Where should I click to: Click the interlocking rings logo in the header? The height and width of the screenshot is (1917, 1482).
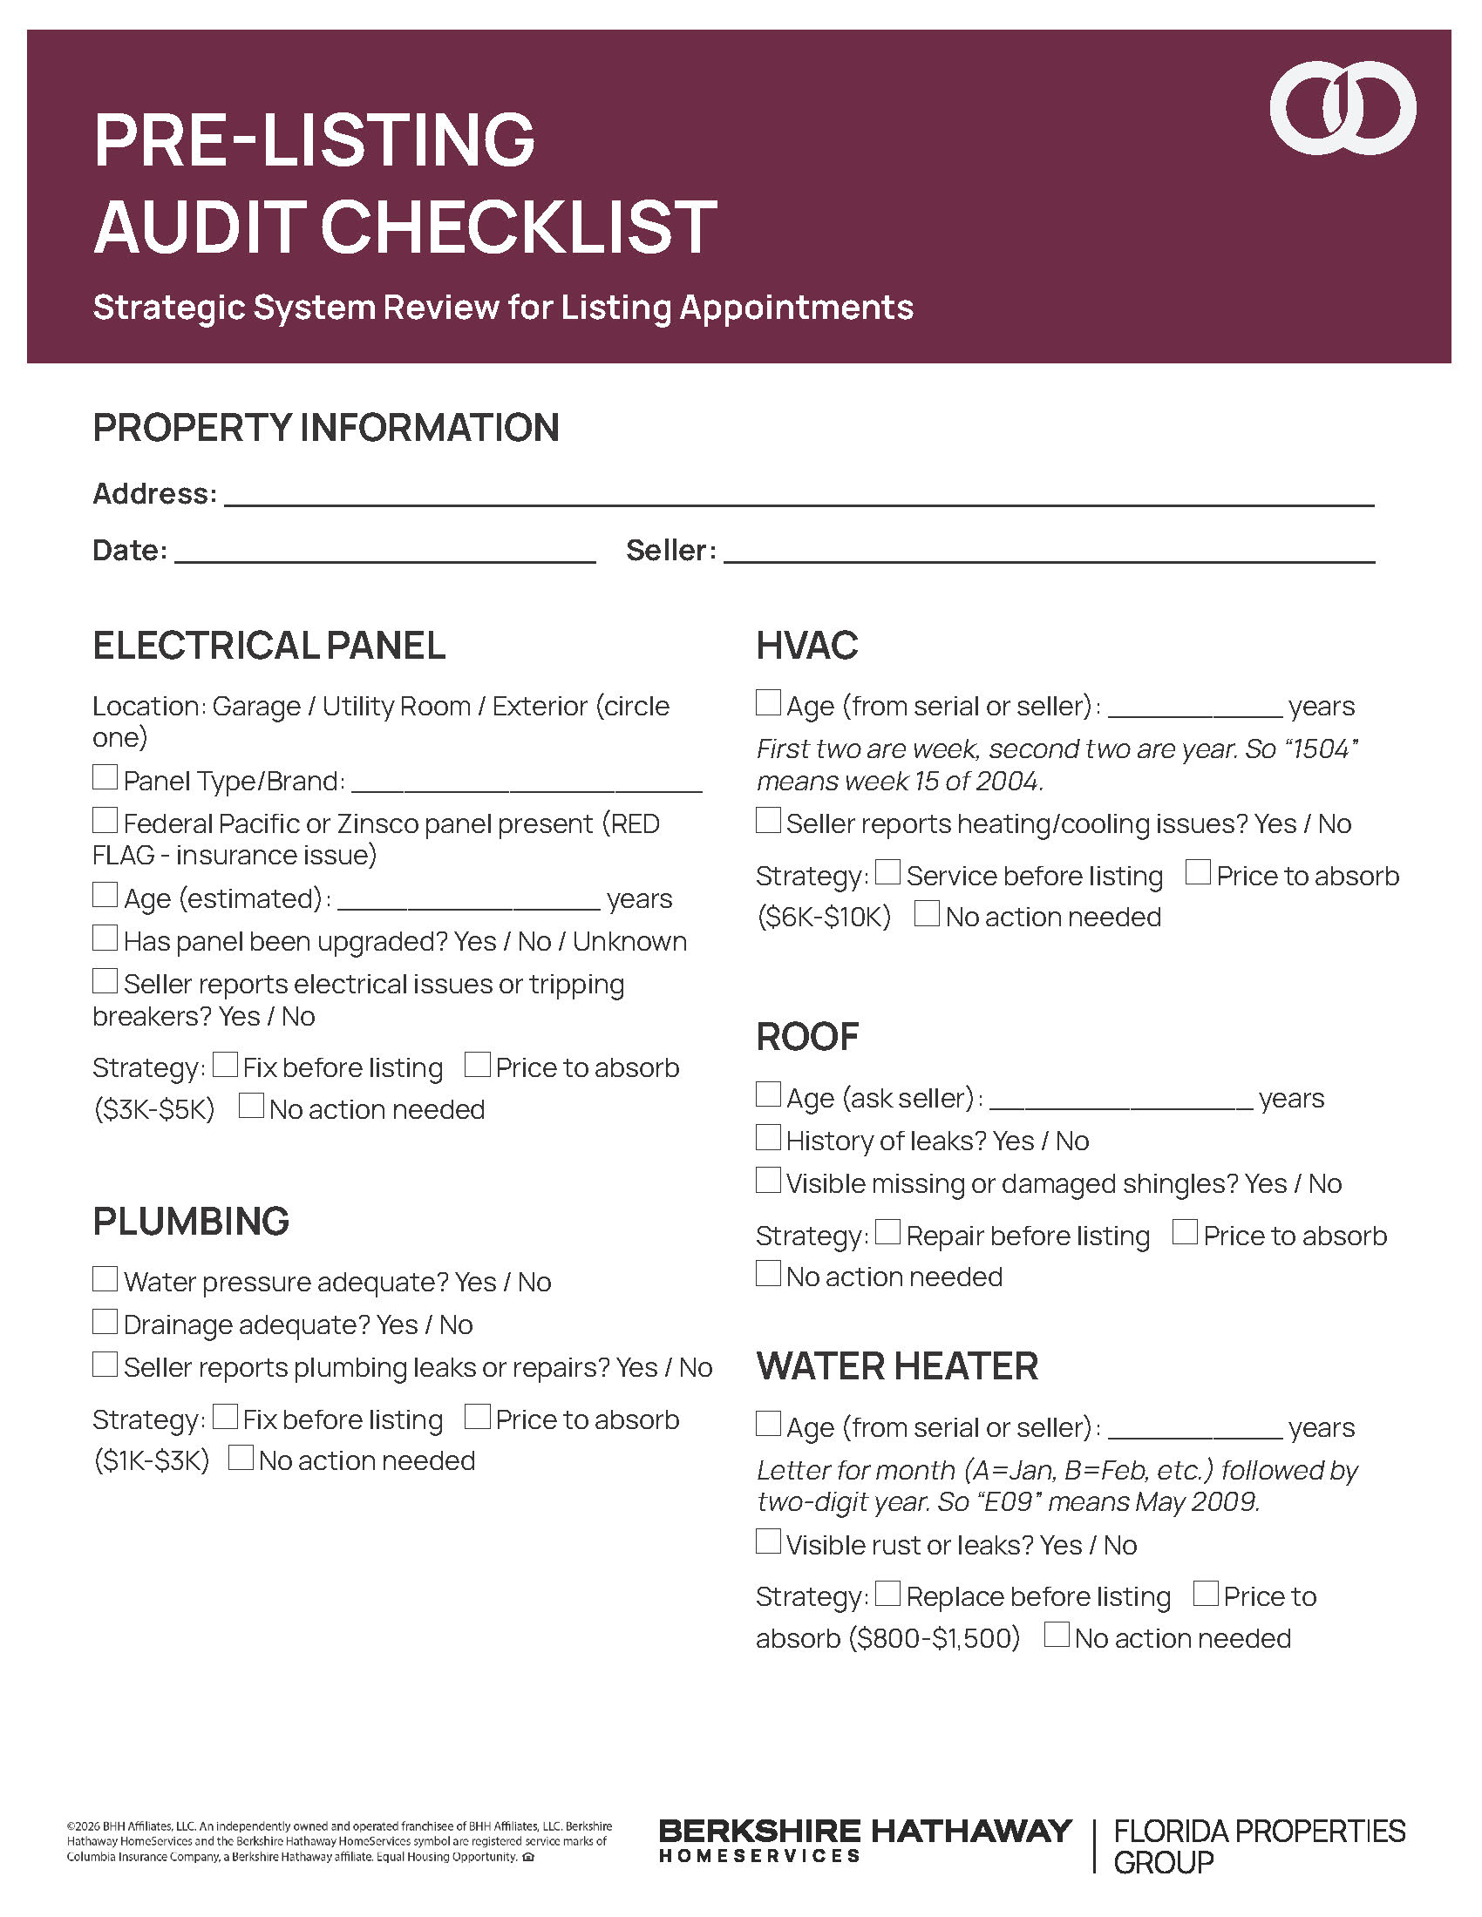[x=1342, y=108]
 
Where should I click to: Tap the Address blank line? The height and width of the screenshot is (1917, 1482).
[x=799, y=496]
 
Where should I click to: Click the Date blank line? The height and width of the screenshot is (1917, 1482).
[x=384, y=553]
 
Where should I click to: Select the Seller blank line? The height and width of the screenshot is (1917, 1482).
[x=1048, y=553]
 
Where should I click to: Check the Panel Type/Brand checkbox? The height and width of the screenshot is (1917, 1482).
[x=105, y=776]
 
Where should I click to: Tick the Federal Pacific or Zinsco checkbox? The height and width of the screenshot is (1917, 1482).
[x=105, y=820]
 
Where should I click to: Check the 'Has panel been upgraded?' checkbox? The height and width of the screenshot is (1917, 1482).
[x=105, y=938]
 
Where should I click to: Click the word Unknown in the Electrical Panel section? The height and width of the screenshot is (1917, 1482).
[x=629, y=942]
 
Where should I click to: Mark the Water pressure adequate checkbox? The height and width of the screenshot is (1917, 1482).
[x=105, y=1278]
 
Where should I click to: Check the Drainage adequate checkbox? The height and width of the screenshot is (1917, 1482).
[x=105, y=1321]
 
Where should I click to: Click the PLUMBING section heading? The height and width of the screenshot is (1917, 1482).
[x=192, y=1222]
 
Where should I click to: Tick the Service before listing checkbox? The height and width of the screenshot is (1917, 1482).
[x=888, y=871]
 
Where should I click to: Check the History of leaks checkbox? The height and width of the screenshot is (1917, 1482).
[x=768, y=1136]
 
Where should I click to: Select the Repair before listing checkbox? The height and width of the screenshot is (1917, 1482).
[x=888, y=1231]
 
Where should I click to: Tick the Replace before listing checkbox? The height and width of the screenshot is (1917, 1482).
[x=888, y=1592]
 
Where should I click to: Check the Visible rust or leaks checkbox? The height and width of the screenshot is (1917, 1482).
[x=768, y=1541]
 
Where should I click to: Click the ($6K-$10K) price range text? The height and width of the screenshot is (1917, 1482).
[x=824, y=918]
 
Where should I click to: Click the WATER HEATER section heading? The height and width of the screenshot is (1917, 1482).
[x=897, y=1366]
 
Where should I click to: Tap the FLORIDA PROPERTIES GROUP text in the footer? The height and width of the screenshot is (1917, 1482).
[x=1258, y=1845]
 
